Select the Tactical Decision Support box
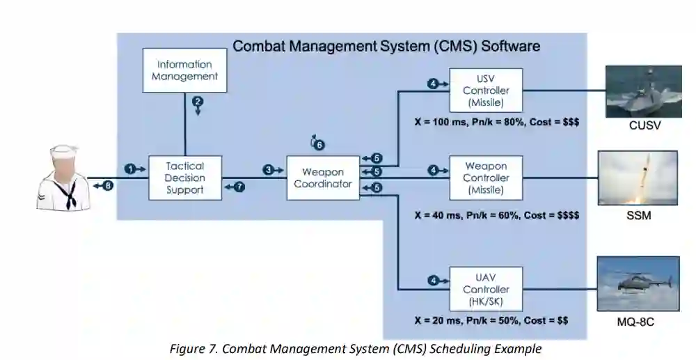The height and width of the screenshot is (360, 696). click(x=185, y=178)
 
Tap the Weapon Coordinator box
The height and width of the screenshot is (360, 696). click(x=323, y=178)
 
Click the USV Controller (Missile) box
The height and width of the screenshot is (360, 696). click(x=486, y=91)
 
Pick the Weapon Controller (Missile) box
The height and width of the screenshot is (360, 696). click(x=486, y=178)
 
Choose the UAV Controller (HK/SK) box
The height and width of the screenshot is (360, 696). click(x=486, y=289)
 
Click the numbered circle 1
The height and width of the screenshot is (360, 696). click(x=129, y=169)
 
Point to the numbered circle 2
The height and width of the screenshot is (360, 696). click(x=198, y=102)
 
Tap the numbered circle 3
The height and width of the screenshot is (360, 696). click(x=268, y=169)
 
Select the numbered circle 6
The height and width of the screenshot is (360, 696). click(x=319, y=146)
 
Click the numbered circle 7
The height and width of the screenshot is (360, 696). click(x=240, y=187)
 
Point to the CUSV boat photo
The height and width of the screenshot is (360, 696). click(x=642, y=91)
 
